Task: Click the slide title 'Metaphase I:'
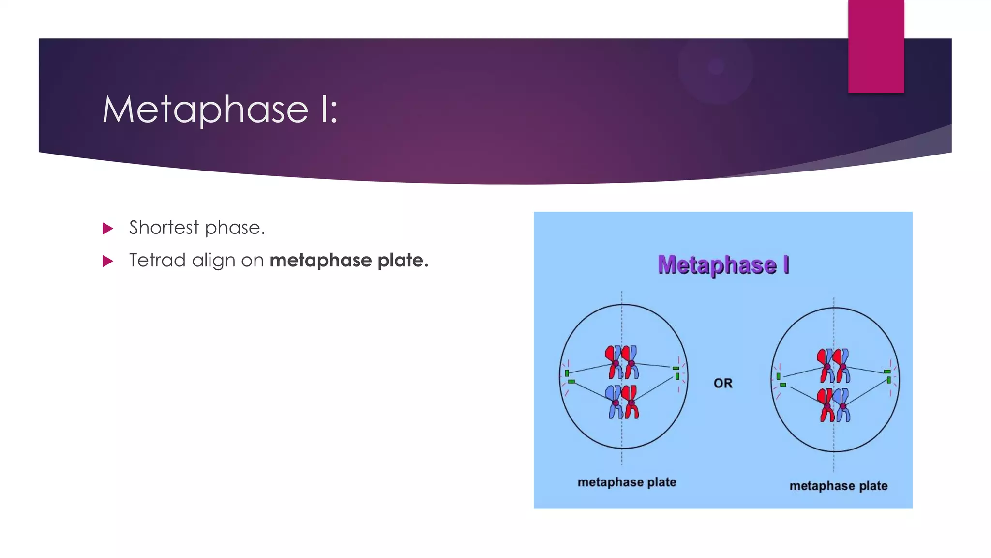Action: (220, 109)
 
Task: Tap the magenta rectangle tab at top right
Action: (876, 46)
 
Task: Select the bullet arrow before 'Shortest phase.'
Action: (108, 228)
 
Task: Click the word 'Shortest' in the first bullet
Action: (164, 228)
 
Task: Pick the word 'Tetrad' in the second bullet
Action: (157, 261)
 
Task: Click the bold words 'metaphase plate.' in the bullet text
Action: (349, 261)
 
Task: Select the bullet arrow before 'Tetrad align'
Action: (108, 262)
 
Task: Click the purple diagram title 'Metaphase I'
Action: (723, 265)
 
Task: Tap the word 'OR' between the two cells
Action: (723, 383)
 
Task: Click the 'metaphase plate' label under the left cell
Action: (627, 482)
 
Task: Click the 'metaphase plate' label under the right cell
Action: (839, 486)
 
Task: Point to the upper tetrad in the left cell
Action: (622, 362)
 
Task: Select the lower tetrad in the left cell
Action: (622, 402)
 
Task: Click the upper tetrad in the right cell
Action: (834, 366)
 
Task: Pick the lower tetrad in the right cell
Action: (834, 405)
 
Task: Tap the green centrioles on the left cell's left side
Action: (569, 377)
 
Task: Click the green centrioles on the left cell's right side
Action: (676, 372)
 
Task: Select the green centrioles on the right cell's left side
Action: (781, 380)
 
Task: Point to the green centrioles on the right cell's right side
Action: (888, 376)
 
